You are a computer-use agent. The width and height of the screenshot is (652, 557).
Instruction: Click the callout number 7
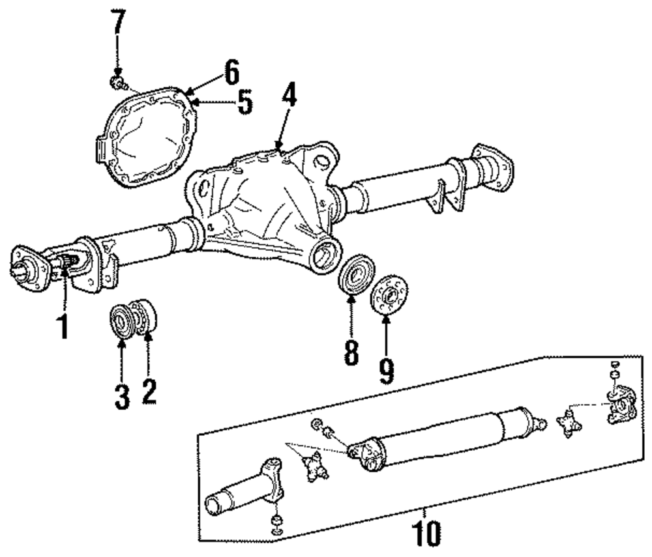(x=117, y=24)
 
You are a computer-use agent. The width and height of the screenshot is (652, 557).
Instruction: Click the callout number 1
(x=63, y=324)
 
